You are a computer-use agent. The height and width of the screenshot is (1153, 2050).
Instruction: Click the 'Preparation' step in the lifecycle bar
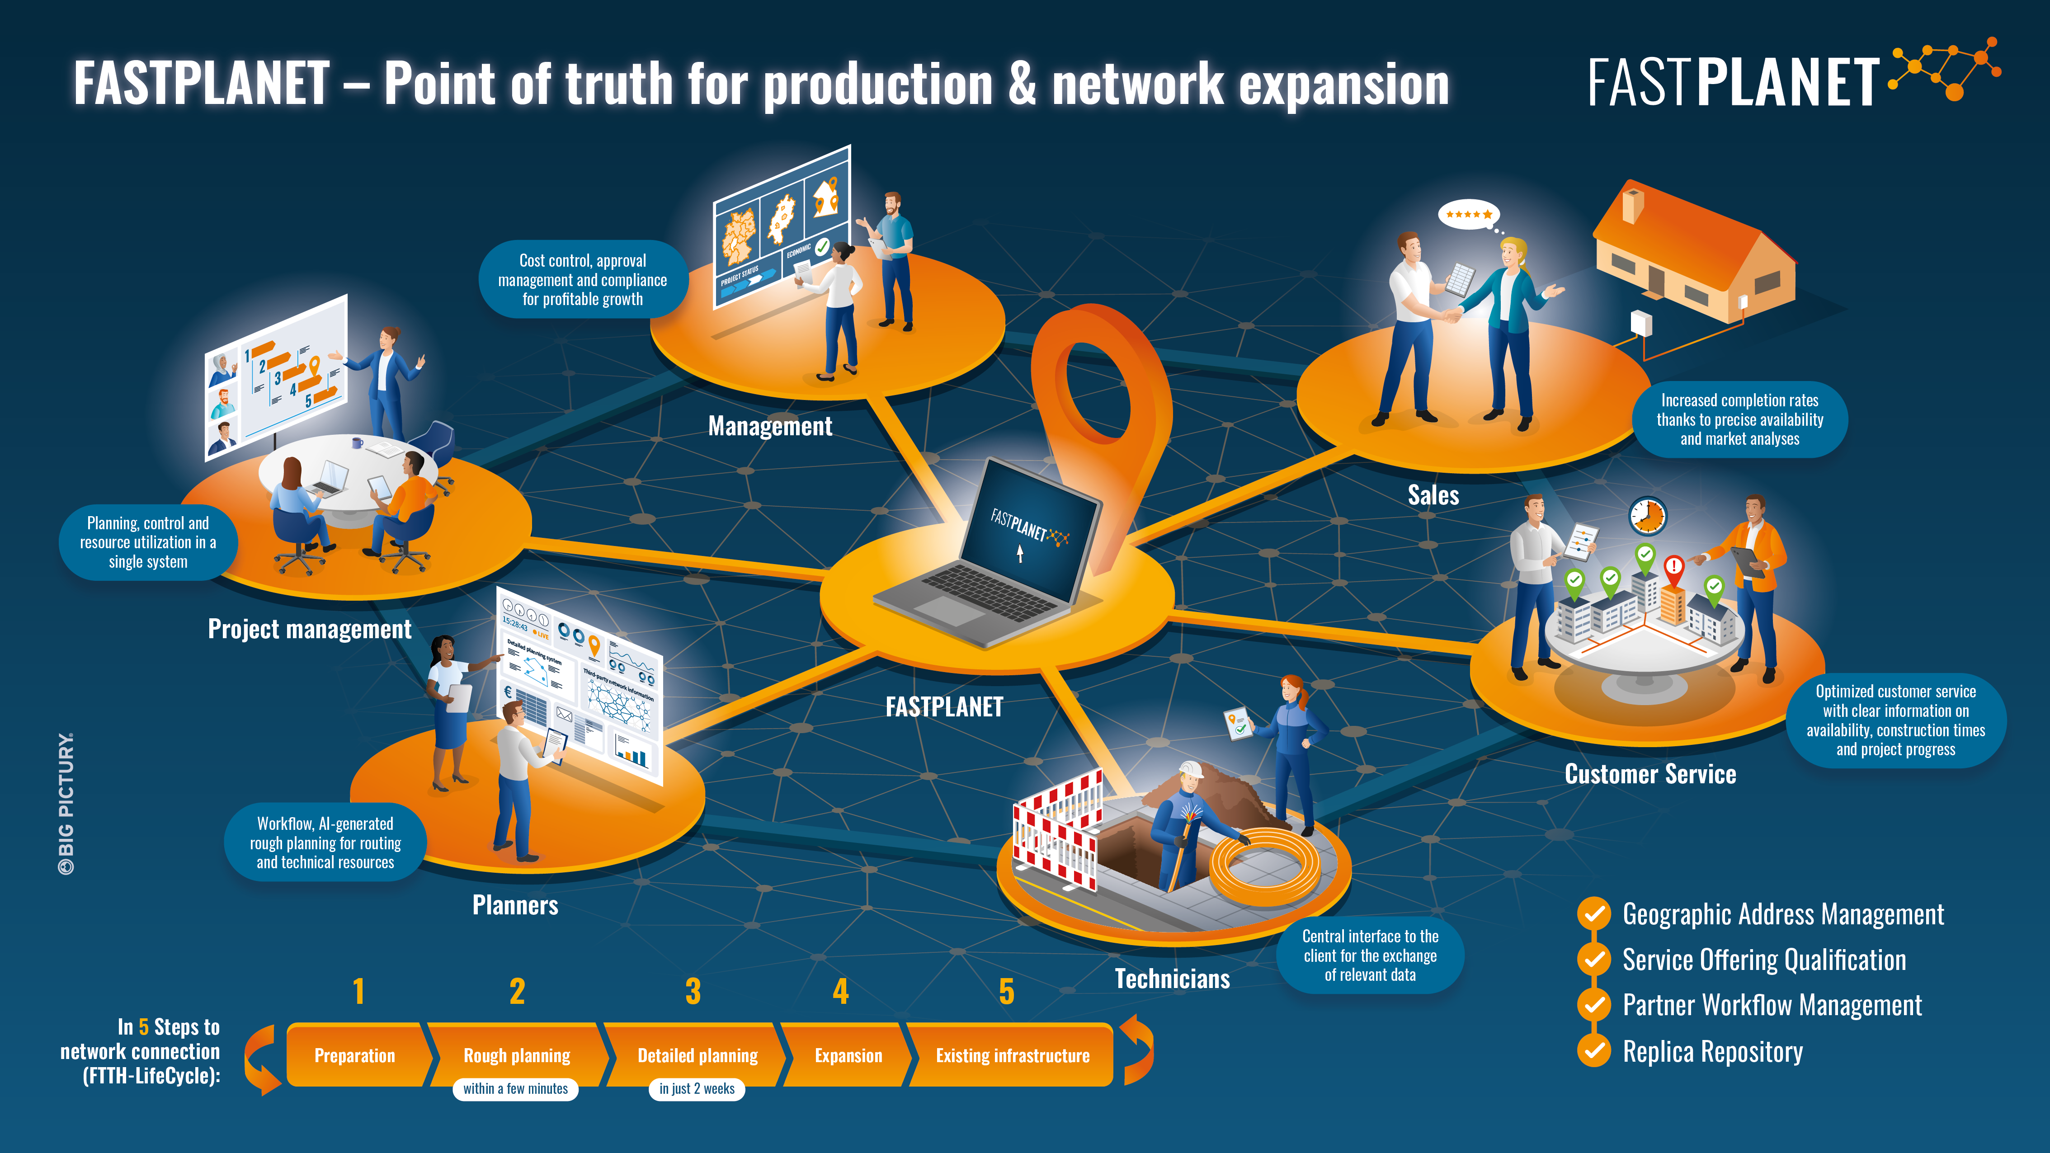point(355,1055)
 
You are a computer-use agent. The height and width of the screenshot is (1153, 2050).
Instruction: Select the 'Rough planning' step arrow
point(517,1055)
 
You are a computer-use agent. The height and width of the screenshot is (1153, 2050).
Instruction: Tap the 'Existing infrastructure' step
point(1012,1055)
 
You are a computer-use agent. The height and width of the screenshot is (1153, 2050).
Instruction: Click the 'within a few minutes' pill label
point(516,1088)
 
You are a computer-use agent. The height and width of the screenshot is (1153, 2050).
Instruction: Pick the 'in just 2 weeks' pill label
point(697,1088)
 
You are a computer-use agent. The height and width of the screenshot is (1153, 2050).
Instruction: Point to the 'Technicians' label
point(1172,979)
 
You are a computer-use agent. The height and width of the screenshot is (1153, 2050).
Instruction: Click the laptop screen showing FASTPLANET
point(1029,532)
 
